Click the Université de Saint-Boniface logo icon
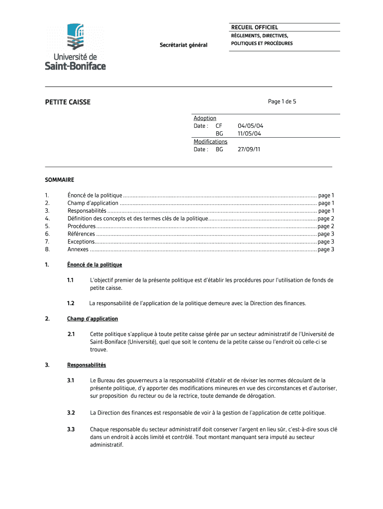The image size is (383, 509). click(x=76, y=37)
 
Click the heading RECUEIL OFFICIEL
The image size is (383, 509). click(x=254, y=27)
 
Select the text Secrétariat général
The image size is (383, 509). click(x=183, y=45)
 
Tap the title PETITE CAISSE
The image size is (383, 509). click(x=68, y=102)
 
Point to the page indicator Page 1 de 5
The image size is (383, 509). click(x=282, y=101)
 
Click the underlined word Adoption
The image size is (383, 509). click(x=205, y=118)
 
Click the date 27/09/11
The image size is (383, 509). click(x=249, y=149)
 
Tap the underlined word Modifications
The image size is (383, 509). click(x=210, y=142)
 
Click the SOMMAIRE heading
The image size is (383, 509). click(x=60, y=180)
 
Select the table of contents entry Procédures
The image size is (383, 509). click(x=82, y=226)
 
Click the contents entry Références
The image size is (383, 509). click(x=82, y=234)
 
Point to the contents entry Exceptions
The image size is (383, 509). click(x=81, y=242)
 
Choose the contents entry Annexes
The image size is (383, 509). click(x=78, y=250)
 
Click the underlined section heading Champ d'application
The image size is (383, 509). click(x=93, y=319)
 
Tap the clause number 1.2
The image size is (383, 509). click(x=71, y=303)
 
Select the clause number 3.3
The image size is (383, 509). click(x=71, y=429)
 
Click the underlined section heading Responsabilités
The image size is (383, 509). click(x=87, y=365)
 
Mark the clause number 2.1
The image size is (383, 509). click(x=71, y=334)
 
